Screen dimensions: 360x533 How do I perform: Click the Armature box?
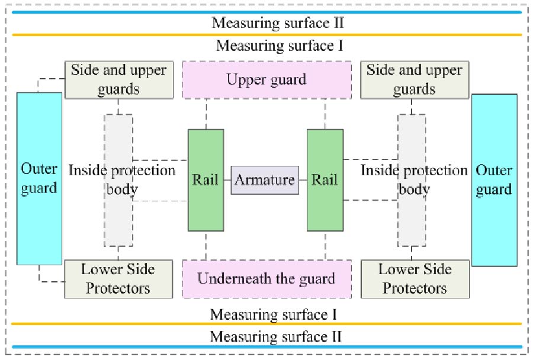[x=265, y=180]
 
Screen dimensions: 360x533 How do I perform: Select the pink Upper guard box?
[x=266, y=79]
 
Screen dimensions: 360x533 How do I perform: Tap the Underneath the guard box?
[x=266, y=278]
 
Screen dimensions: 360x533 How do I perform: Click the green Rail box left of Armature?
[x=206, y=180]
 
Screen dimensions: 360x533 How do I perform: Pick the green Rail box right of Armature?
[x=325, y=180]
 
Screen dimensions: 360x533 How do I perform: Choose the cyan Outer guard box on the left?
[x=39, y=178]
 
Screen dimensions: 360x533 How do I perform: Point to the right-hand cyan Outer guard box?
[x=494, y=179]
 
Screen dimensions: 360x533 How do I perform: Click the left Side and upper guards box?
[x=118, y=79]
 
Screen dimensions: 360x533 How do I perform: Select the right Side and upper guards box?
[x=415, y=79]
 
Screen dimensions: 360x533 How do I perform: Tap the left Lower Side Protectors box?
[x=118, y=278]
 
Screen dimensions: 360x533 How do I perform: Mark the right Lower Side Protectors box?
[x=415, y=278]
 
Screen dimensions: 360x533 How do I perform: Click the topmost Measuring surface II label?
[x=278, y=23]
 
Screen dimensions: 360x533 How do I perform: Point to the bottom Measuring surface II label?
[x=276, y=337]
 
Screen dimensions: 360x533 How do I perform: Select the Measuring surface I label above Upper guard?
[x=280, y=46]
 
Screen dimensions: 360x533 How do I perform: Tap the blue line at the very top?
[x=266, y=12]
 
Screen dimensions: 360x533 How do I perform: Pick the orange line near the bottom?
[x=266, y=324]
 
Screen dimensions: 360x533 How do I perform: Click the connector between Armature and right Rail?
[x=303, y=180]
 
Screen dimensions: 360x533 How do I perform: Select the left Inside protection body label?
[x=122, y=180]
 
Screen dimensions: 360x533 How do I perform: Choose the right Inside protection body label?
[x=414, y=180]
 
